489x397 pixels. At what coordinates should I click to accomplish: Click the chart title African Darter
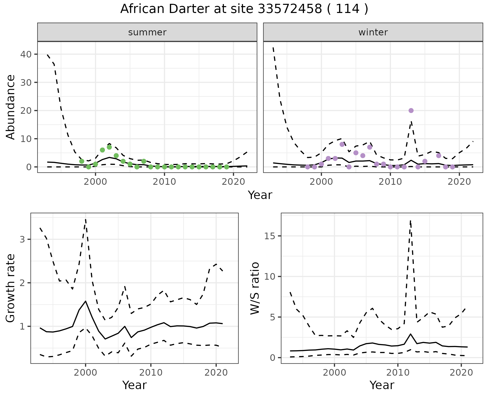(x=244, y=9)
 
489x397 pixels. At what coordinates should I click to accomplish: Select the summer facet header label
(x=147, y=32)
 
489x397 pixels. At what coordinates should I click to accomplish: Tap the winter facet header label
(x=373, y=32)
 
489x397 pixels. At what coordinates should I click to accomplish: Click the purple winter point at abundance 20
(x=411, y=110)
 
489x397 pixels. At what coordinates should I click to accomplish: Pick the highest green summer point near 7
(x=109, y=147)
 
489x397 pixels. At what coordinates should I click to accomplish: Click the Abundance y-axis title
(x=11, y=107)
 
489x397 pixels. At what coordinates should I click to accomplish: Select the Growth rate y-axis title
(x=11, y=288)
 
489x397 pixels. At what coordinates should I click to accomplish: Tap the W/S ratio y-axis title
(x=255, y=288)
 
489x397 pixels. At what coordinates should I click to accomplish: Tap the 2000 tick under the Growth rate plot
(x=86, y=373)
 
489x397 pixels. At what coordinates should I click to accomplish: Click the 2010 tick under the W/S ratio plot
(x=398, y=373)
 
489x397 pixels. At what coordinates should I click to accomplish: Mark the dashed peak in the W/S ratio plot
(x=410, y=221)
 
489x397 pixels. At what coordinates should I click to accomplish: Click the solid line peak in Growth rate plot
(x=85, y=301)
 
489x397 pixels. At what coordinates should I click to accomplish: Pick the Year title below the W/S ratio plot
(x=382, y=385)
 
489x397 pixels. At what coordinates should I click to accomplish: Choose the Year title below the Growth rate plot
(x=134, y=385)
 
